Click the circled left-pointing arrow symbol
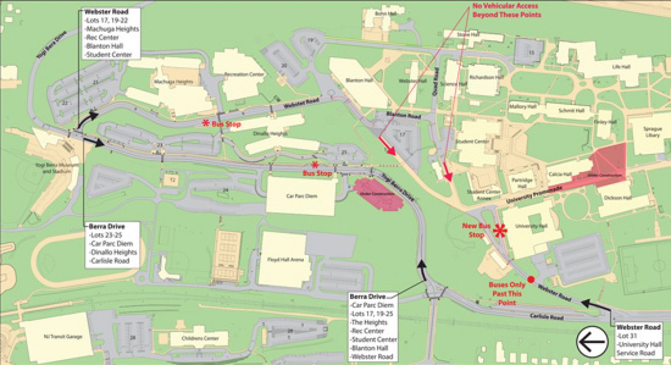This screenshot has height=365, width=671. point(592,342)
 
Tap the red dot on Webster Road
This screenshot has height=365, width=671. point(531,279)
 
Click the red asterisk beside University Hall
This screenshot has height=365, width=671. point(500,231)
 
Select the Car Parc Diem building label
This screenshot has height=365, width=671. point(301,196)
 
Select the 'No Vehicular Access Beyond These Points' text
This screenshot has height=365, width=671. point(507,11)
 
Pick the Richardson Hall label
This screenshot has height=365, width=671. point(487,77)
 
